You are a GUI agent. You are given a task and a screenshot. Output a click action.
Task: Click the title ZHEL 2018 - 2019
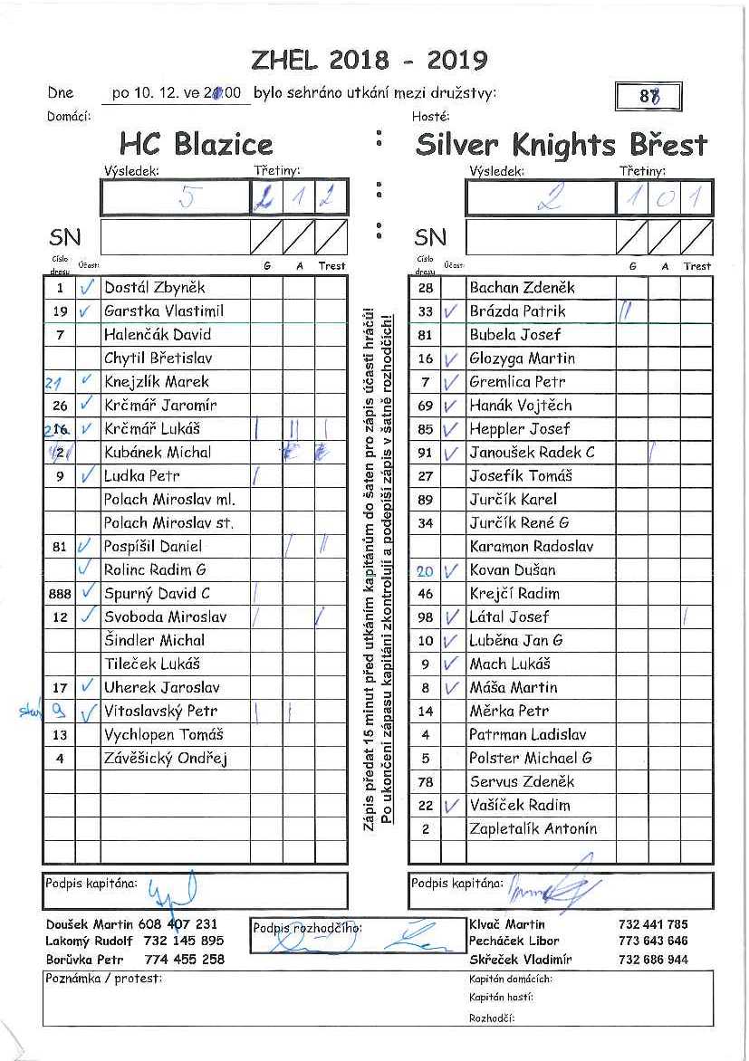pos(370,61)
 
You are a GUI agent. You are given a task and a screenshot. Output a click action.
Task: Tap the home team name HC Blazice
pos(196,144)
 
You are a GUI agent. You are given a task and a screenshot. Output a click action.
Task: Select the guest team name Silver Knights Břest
pos(562,144)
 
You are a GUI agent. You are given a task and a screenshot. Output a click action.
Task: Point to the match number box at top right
pos(647,96)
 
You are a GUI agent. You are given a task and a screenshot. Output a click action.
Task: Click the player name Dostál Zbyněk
pos(155,288)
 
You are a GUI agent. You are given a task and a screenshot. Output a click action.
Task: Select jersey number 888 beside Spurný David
pos(59,594)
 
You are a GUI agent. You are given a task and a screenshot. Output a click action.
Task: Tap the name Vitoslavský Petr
pos(160,712)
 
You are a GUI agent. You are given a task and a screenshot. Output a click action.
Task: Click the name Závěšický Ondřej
pos(165,759)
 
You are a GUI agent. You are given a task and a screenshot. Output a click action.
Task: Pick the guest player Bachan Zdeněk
pos(522,288)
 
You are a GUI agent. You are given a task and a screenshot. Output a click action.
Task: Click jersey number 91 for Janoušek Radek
pos(426,453)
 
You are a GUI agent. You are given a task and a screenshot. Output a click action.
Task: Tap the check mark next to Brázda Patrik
pos(452,311)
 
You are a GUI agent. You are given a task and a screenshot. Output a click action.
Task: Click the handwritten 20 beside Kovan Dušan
pos(425,571)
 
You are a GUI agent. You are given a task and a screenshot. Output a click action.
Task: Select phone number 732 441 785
pos(653,924)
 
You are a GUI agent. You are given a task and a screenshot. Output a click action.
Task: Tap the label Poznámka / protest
pos(102,979)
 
